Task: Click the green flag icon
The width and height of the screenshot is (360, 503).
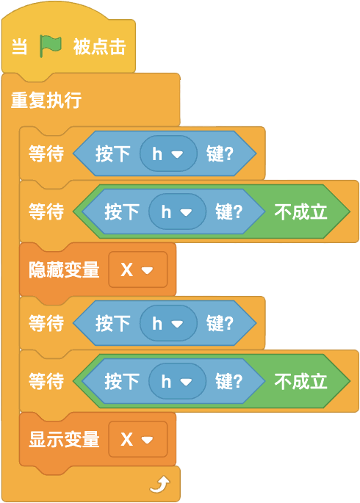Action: pyautogui.click(x=51, y=46)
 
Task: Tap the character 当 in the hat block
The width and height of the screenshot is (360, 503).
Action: pyautogui.click(x=20, y=47)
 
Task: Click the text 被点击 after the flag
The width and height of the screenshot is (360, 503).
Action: pyautogui.click(x=99, y=47)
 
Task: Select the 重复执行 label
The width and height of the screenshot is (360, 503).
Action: pyautogui.click(x=46, y=100)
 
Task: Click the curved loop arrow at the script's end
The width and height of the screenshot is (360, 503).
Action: pyautogui.click(x=159, y=485)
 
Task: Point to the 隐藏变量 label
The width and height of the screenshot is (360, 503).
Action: pyautogui.click(x=64, y=269)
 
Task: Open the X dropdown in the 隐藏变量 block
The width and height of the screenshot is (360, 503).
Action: pyautogui.click(x=138, y=269)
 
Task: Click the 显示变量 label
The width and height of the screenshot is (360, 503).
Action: pyautogui.click(x=64, y=439)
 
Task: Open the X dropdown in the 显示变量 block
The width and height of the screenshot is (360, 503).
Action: pyautogui.click(x=138, y=439)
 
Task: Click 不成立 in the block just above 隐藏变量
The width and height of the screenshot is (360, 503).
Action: pyautogui.click(x=300, y=211)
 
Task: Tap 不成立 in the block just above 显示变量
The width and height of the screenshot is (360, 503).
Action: pyautogui.click(x=300, y=381)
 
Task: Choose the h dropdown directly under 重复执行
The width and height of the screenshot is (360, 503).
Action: pyautogui.click(x=168, y=154)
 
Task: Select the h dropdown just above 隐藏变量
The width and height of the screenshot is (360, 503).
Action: pyautogui.click(x=177, y=211)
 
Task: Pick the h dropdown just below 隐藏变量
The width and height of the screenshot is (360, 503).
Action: pyautogui.click(x=168, y=323)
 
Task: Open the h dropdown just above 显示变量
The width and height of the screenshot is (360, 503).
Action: pyautogui.click(x=177, y=381)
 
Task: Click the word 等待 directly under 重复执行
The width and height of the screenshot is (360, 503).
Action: pyautogui.click(x=46, y=153)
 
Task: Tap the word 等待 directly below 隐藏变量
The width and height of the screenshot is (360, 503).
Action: pyautogui.click(x=46, y=323)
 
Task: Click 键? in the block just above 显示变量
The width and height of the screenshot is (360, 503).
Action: pyautogui.click(x=228, y=381)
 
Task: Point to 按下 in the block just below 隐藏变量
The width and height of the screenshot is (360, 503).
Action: pyautogui.click(x=112, y=323)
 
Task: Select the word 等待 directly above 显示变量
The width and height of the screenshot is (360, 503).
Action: pyautogui.click(x=46, y=381)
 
